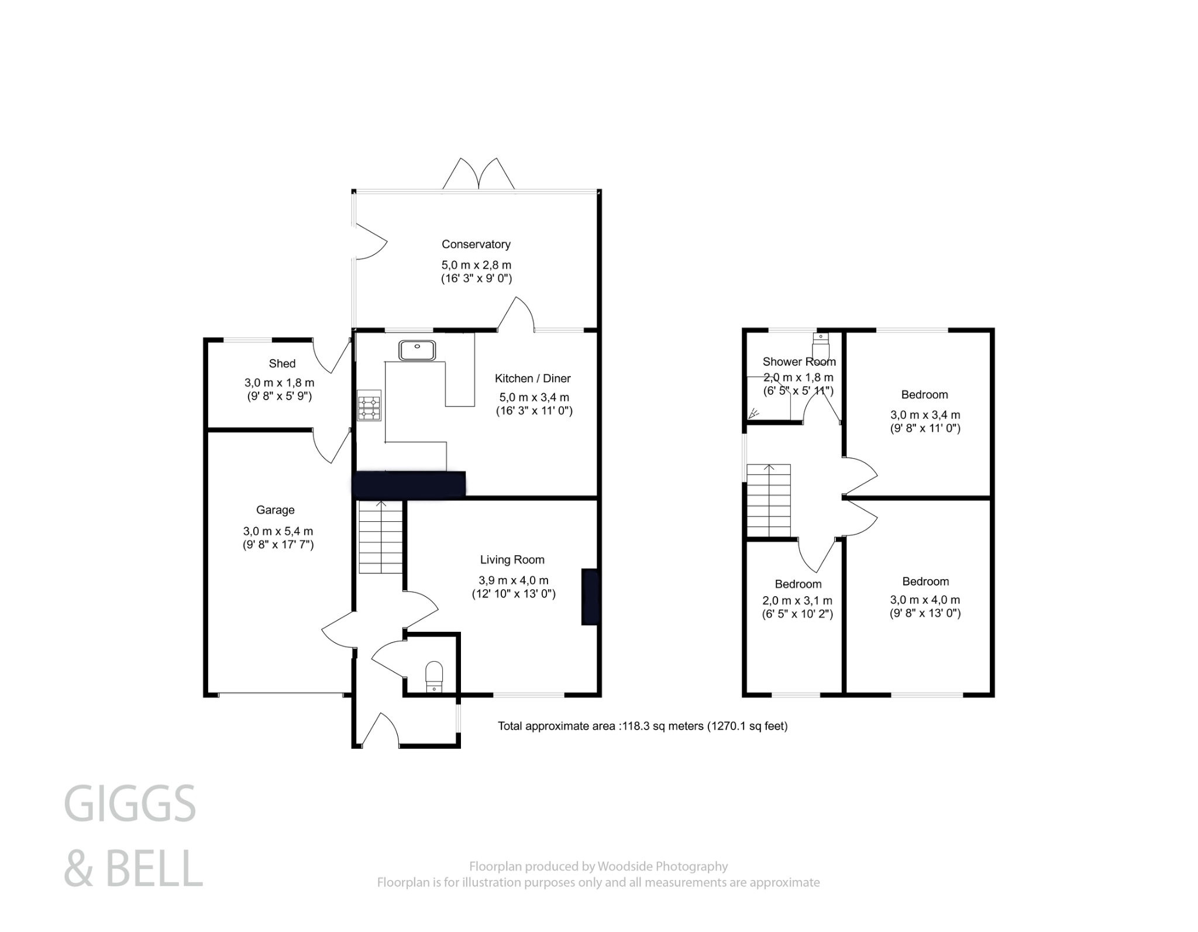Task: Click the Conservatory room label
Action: point(476,244)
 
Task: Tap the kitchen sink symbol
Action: point(417,350)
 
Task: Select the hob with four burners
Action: point(369,405)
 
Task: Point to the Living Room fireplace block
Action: point(590,597)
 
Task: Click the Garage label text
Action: point(275,510)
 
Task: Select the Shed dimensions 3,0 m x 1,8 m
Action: point(279,383)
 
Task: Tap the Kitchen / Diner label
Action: point(532,379)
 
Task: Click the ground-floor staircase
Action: point(381,536)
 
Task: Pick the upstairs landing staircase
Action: point(769,500)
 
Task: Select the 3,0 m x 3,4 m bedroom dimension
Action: point(925,415)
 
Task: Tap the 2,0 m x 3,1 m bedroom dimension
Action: point(797,600)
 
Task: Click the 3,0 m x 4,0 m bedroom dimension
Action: point(925,600)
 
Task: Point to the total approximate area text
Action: point(642,726)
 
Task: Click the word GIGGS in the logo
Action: point(130,804)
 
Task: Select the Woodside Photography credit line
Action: point(598,866)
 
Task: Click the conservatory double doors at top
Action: point(478,174)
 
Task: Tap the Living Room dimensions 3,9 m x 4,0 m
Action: point(514,580)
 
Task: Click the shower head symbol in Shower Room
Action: point(753,413)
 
